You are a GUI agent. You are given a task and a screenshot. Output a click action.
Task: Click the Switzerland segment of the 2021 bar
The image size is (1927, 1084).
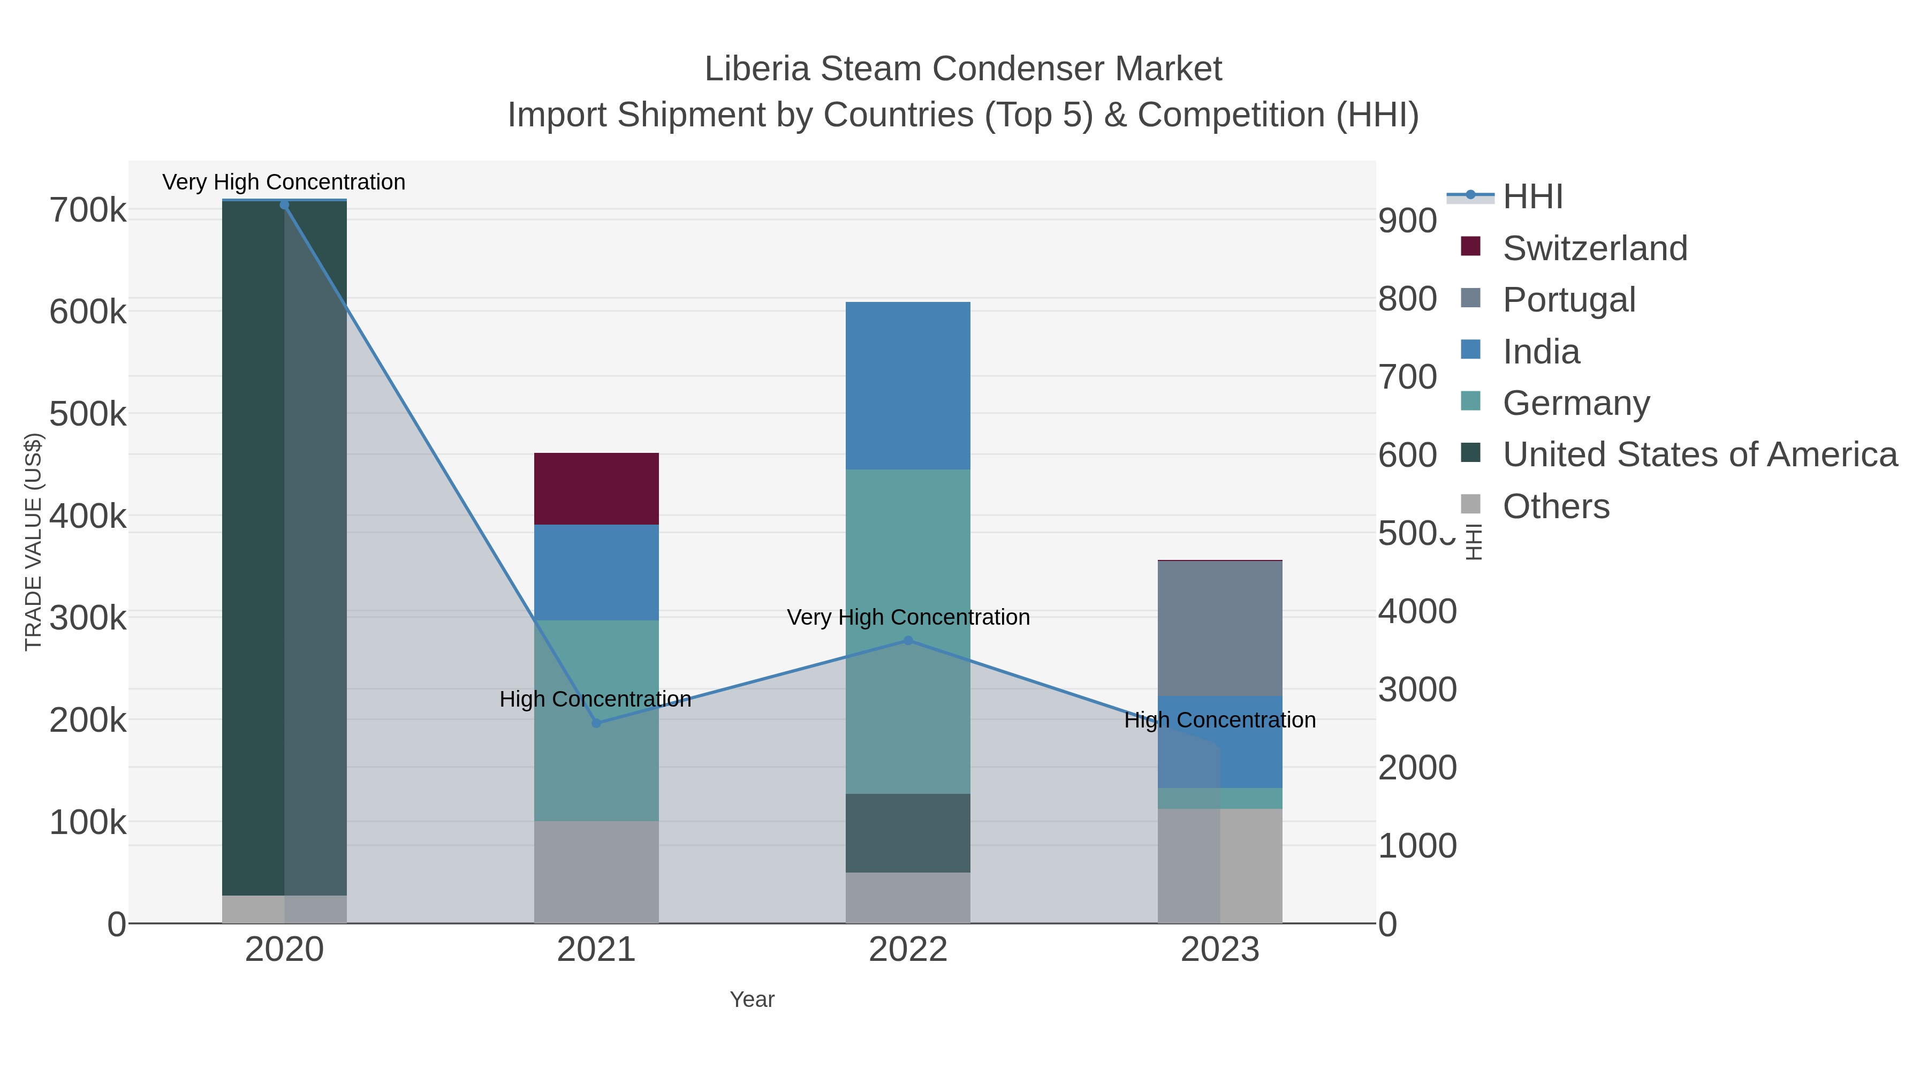click(596, 489)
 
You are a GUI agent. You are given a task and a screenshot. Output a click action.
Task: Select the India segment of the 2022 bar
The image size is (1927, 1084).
click(907, 385)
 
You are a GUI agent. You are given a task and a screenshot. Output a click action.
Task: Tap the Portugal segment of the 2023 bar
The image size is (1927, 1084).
click(1219, 628)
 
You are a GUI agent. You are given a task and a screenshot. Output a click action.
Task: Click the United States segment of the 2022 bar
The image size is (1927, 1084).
click(907, 832)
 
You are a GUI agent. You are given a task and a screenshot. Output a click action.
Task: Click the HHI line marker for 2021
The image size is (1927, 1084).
click(596, 723)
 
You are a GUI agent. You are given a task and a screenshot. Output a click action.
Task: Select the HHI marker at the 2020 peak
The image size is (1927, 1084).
click(284, 205)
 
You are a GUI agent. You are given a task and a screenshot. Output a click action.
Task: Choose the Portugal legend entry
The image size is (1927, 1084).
click(1569, 300)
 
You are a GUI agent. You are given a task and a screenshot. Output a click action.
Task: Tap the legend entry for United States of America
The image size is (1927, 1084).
click(1699, 455)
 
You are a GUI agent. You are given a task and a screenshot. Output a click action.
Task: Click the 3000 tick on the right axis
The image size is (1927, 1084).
click(1417, 690)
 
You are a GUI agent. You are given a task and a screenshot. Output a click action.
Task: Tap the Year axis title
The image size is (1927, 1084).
click(752, 999)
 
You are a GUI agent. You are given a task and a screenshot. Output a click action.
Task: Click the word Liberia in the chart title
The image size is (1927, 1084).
click(757, 70)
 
